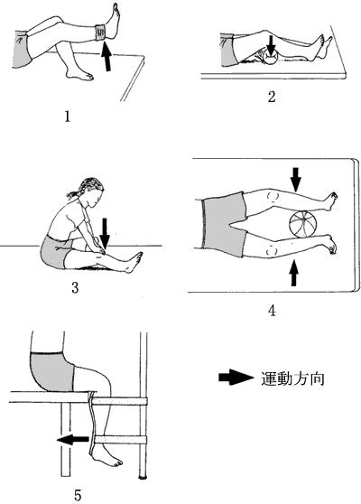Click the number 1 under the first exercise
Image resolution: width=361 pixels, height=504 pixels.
(67, 116)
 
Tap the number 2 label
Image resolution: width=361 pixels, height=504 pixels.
(272, 97)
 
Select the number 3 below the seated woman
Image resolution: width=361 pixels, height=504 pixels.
(75, 287)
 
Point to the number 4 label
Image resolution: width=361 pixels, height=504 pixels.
(272, 311)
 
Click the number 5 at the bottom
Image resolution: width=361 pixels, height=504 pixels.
(78, 495)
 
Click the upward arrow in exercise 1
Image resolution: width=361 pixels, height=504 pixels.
(106, 57)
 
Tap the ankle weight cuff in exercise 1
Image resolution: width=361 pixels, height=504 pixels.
(101, 33)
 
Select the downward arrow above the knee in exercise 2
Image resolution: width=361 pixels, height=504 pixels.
(272, 45)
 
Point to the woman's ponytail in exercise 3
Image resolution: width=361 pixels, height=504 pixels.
(76, 192)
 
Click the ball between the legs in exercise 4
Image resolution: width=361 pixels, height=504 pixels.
(303, 224)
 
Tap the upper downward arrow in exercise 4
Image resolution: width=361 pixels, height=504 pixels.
(296, 180)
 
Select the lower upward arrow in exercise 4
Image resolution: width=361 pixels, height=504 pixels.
(293, 273)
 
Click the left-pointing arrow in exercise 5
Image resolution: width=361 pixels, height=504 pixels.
(73, 439)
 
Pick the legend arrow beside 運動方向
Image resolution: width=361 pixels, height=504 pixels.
(236, 378)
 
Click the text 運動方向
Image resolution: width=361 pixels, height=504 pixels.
(292, 378)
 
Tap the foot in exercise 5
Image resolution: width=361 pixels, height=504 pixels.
(106, 457)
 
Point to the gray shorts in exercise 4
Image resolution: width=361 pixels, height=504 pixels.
(224, 224)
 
